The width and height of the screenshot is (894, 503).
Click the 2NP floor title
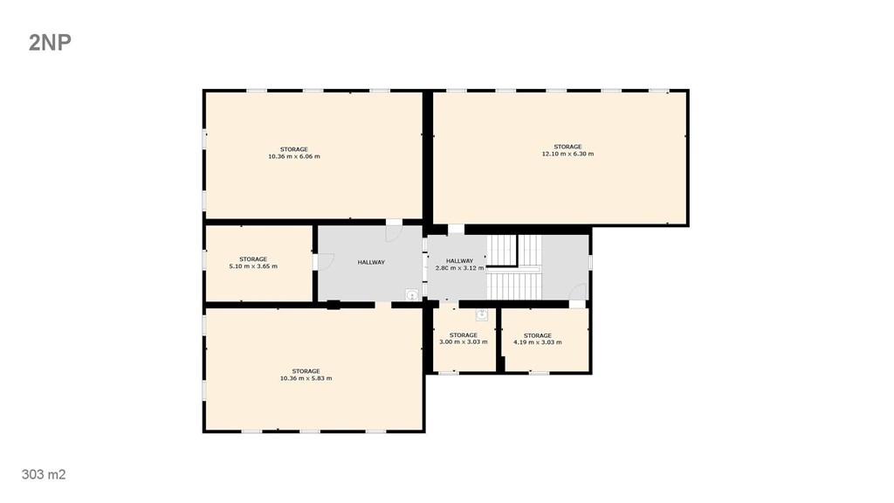tap(50, 43)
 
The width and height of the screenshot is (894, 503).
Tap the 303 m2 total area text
tap(44, 474)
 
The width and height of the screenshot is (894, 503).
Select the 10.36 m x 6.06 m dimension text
tap(294, 156)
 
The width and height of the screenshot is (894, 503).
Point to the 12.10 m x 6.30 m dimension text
tap(567, 154)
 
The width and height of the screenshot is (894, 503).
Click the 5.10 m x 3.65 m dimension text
tap(253, 265)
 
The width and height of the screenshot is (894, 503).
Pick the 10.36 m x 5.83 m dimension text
tap(306, 378)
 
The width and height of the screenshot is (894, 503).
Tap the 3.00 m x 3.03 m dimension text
tap(464, 342)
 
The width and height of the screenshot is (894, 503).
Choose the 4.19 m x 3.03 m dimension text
tap(538, 342)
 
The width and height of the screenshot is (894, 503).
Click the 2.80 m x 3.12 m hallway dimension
tap(459, 268)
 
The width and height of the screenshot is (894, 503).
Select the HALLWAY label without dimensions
tap(371, 262)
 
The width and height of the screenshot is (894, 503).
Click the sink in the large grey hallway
tap(412, 295)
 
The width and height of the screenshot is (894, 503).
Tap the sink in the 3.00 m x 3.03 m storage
tap(482, 314)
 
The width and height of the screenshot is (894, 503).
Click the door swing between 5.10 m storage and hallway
tap(326, 262)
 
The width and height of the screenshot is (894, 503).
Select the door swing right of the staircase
tap(578, 292)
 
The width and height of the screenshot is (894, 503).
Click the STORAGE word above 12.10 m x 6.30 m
tap(567, 147)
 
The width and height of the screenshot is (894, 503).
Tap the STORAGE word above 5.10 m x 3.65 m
tap(253, 258)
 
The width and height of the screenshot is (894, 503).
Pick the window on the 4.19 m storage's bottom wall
tap(539, 373)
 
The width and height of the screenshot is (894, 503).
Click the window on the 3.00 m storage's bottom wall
tap(448, 373)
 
